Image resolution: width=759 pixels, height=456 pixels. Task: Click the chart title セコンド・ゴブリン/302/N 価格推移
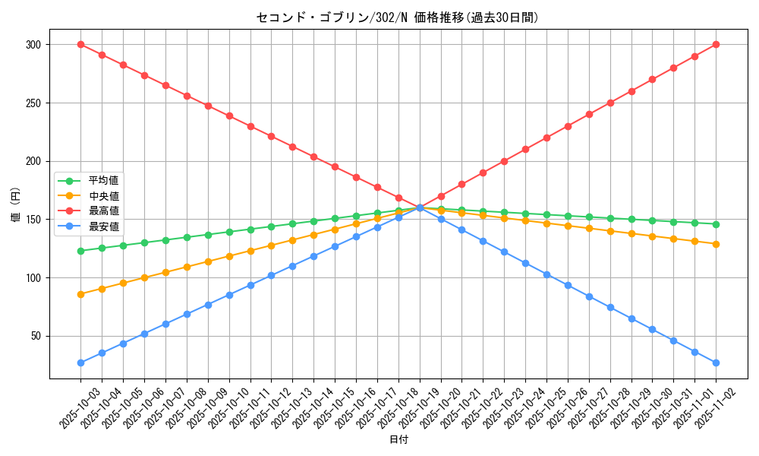click(398, 17)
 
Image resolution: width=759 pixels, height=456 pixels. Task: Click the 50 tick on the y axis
click(35, 336)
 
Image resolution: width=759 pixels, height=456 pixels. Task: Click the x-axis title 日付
click(398, 440)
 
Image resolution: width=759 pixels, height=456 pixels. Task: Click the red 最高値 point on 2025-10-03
click(80, 44)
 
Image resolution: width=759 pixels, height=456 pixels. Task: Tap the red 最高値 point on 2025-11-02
click(716, 45)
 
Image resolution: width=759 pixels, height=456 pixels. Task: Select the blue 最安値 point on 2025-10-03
click(80, 363)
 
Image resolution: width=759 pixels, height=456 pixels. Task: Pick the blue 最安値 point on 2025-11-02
click(716, 363)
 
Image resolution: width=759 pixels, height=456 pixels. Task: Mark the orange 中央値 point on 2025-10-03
click(80, 294)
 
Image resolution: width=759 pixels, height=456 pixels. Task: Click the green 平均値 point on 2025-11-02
click(716, 224)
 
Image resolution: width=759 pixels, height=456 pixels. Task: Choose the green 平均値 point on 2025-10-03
click(80, 251)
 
